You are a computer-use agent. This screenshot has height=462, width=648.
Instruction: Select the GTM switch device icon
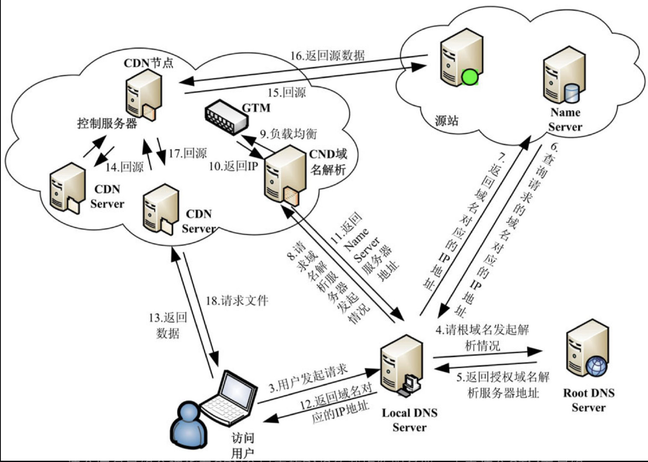coord(226,117)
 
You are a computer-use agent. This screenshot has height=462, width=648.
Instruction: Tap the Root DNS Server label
coord(589,400)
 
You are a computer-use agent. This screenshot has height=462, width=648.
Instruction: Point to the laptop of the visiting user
coord(231,398)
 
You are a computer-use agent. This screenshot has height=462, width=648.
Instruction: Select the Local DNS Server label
coord(409,420)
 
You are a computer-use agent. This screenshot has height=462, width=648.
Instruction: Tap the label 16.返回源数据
coord(328,56)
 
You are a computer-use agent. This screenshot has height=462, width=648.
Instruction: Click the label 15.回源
coord(287,92)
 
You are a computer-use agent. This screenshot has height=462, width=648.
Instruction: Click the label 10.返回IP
coord(233,166)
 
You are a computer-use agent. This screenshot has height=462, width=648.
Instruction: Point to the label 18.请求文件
coord(237,301)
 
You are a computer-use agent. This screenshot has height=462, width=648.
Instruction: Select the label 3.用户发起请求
coord(308,379)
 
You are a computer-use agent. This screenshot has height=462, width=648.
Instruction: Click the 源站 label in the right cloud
coord(447,121)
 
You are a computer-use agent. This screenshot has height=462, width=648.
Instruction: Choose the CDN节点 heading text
coord(148,63)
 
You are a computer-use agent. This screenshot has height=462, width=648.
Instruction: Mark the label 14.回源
coord(124,167)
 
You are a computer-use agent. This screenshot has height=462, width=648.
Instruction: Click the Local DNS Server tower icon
coord(400,368)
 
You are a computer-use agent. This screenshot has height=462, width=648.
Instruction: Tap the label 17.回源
coord(187,153)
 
